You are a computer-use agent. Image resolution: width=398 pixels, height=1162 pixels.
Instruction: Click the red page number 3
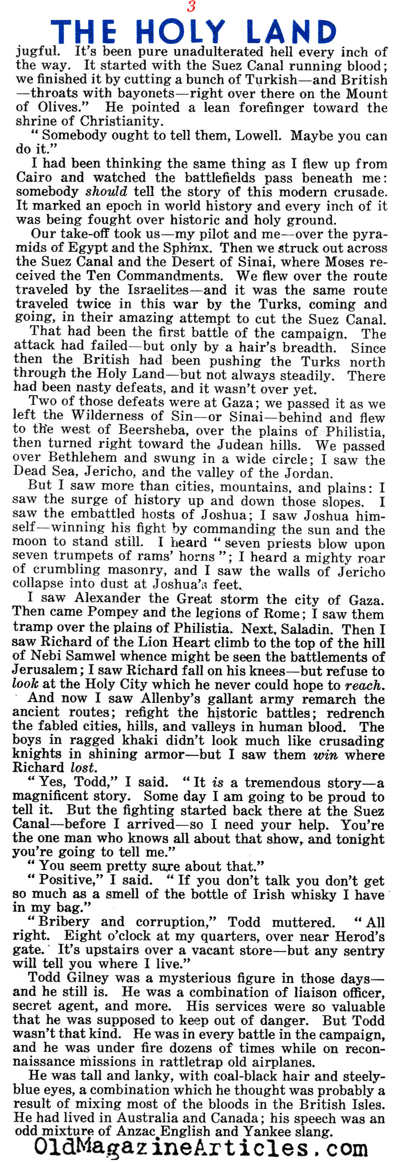click(x=191, y=7)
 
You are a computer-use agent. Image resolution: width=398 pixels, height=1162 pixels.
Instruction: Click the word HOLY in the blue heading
click(x=180, y=32)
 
